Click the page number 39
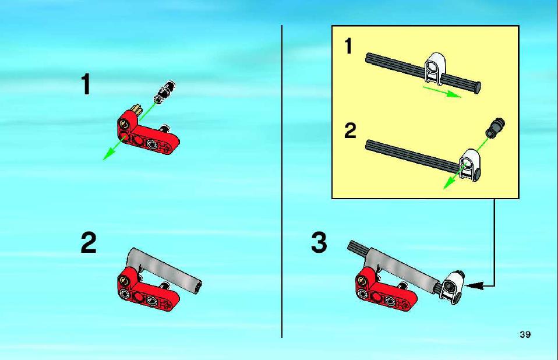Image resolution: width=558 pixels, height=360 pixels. [525, 334]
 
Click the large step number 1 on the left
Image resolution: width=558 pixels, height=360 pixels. [86, 84]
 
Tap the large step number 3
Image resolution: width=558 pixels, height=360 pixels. [319, 242]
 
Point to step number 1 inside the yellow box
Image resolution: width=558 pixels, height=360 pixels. [348, 46]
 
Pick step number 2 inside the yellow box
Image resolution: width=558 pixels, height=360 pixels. [350, 130]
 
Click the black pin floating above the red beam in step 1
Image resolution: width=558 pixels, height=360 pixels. [164, 91]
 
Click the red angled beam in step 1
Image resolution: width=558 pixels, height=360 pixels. [147, 133]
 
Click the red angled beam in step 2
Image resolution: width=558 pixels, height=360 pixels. [147, 290]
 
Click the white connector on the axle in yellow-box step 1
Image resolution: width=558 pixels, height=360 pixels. [435, 69]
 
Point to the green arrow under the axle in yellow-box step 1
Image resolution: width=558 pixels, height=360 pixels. [442, 91]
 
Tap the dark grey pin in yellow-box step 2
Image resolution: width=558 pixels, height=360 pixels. [495, 127]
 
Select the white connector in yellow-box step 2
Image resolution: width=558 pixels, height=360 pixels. [469, 165]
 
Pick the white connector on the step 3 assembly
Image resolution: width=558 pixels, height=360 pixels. [451, 287]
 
